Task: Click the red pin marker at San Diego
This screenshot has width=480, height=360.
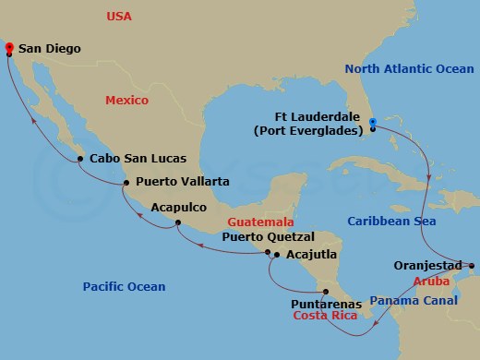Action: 8,46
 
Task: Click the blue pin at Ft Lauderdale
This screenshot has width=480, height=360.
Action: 372,122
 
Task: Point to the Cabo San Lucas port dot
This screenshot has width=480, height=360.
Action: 80,159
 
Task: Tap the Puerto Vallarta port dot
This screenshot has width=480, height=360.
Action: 126,183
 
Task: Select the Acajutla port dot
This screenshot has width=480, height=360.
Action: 277,254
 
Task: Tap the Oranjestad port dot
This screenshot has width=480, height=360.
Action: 470,268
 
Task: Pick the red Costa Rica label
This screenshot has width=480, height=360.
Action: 325,316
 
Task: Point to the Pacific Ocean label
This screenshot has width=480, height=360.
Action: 123,287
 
